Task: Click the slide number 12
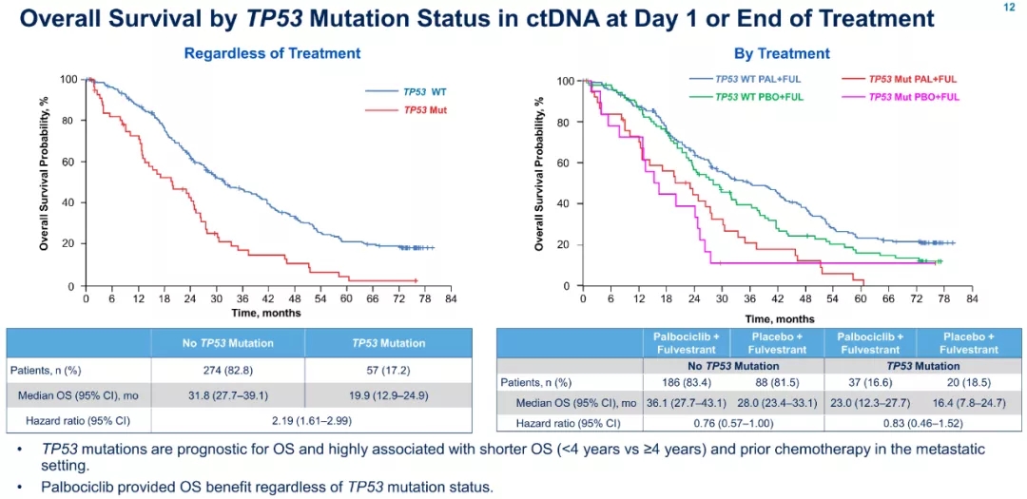[x=1010, y=7]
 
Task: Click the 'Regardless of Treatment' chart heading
[x=272, y=53]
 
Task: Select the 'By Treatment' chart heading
[x=782, y=53]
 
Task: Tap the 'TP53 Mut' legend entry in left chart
[x=425, y=110]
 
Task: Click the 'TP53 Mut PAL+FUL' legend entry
[x=913, y=81]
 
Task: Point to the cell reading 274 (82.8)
[x=228, y=369]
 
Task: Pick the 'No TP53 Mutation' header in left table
[x=228, y=343]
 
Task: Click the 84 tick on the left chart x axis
[x=450, y=298]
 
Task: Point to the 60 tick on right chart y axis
[x=564, y=163]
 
